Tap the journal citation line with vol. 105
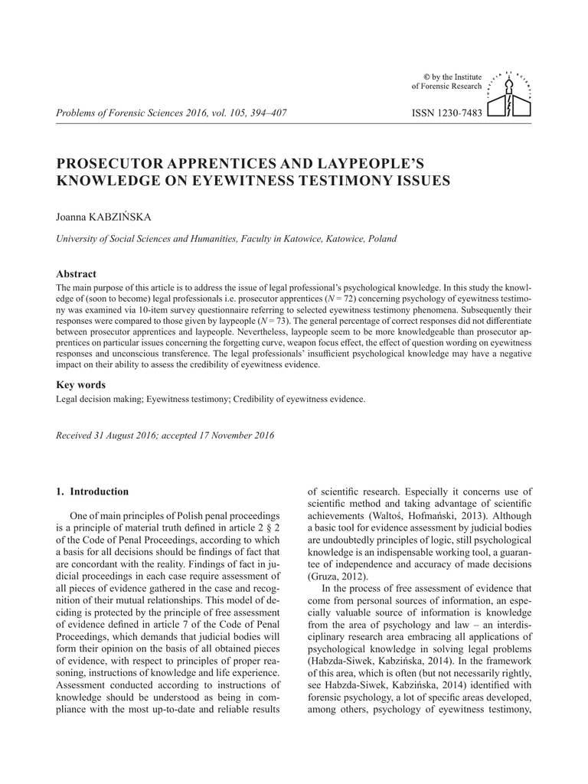pyautogui.click(x=171, y=113)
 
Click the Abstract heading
pyautogui.click(x=77, y=273)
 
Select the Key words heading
pyautogui.click(x=81, y=384)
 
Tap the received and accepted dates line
pyautogui.click(x=165, y=436)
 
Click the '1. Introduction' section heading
pyautogui.click(x=93, y=491)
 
